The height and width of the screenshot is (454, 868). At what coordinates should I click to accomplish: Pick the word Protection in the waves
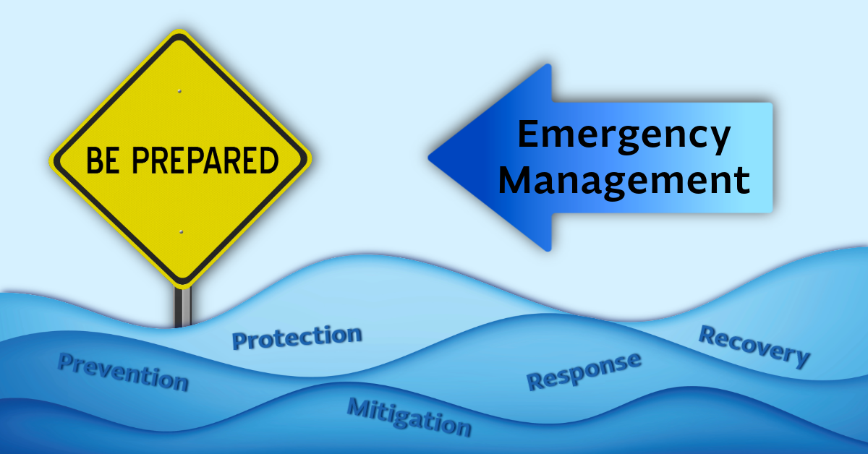pyautogui.click(x=297, y=337)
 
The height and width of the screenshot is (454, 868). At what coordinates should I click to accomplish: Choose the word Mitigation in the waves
pyautogui.click(x=409, y=416)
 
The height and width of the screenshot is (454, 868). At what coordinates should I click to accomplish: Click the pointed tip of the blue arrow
pyautogui.click(x=430, y=156)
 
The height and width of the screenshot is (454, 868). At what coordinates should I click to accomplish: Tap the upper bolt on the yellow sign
pyautogui.click(x=179, y=91)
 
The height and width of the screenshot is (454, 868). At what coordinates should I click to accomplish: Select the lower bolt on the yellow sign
pyautogui.click(x=180, y=231)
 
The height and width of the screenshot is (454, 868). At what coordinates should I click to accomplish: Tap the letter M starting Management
pyautogui.click(x=515, y=180)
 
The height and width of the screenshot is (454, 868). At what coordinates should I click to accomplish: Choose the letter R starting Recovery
pyautogui.click(x=708, y=334)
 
